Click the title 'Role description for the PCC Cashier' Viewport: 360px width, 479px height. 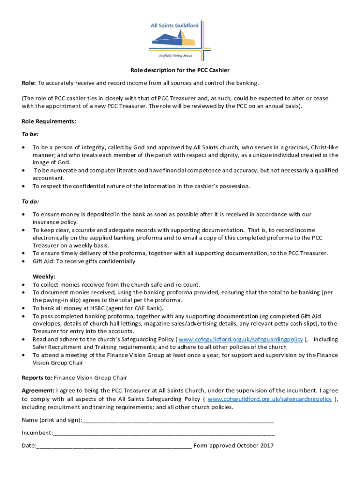(180, 70)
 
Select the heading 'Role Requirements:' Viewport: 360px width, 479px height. (49, 121)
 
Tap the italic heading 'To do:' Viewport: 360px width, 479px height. (30, 202)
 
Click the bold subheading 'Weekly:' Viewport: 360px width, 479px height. (43, 276)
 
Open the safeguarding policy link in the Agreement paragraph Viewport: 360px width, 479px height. (269, 399)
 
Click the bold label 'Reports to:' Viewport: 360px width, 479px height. (37, 377)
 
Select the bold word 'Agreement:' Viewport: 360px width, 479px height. (38, 390)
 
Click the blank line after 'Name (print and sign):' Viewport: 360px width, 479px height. (178, 420)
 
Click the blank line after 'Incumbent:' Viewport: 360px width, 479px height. (164, 433)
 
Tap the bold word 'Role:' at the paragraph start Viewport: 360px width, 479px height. (29, 83)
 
